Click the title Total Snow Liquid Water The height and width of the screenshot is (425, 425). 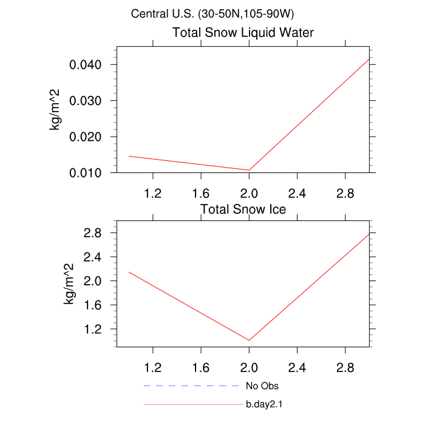click(x=243, y=33)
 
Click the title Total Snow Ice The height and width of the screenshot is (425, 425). click(x=243, y=209)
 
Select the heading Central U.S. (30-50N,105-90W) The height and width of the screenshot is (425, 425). click(x=212, y=13)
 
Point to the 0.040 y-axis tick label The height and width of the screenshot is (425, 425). click(x=90, y=65)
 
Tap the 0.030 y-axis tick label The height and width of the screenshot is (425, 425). click(x=90, y=101)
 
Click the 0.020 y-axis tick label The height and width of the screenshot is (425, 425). click(x=90, y=137)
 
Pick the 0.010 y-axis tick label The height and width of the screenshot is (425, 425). click(x=90, y=173)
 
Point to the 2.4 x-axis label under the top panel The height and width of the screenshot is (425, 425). click(x=296, y=194)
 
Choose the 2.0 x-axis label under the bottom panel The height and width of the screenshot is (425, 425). click(x=249, y=368)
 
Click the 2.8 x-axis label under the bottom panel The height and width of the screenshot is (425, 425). click(x=345, y=368)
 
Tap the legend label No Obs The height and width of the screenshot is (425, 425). click(x=262, y=386)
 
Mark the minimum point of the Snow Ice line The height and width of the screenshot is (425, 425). click(x=249, y=341)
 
